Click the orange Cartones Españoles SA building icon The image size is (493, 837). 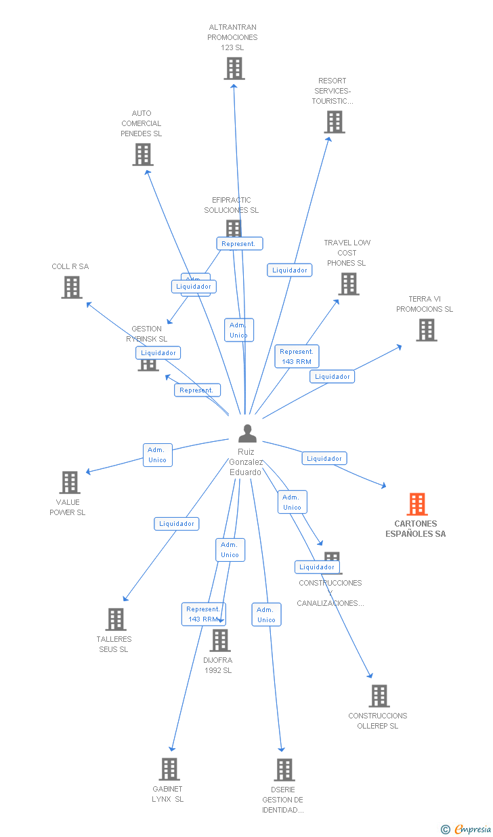point(417,504)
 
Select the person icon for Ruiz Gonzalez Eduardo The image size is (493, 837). point(248,433)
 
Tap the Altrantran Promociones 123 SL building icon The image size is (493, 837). point(234,68)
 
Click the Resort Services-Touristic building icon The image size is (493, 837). point(335,122)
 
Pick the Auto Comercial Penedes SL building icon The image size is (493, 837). point(143,155)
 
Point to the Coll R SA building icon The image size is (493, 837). point(71,287)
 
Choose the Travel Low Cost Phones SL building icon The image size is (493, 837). point(349,284)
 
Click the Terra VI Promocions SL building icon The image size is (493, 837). point(427,330)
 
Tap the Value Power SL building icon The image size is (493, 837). point(70,483)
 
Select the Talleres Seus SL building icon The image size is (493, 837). point(116,619)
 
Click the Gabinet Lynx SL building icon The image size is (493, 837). point(169,769)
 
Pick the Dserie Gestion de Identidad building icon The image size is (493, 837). point(284,770)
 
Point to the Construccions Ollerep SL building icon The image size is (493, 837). point(379,696)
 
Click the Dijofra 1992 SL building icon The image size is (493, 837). point(220,640)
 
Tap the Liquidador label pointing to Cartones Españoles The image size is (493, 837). point(324,459)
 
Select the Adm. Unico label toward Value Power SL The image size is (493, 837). point(157,455)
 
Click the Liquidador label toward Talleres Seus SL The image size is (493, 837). point(177,524)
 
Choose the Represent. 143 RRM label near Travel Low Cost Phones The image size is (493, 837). point(297,356)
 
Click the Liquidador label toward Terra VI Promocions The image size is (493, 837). point(333,377)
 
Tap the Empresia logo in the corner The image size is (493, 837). point(467,829)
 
